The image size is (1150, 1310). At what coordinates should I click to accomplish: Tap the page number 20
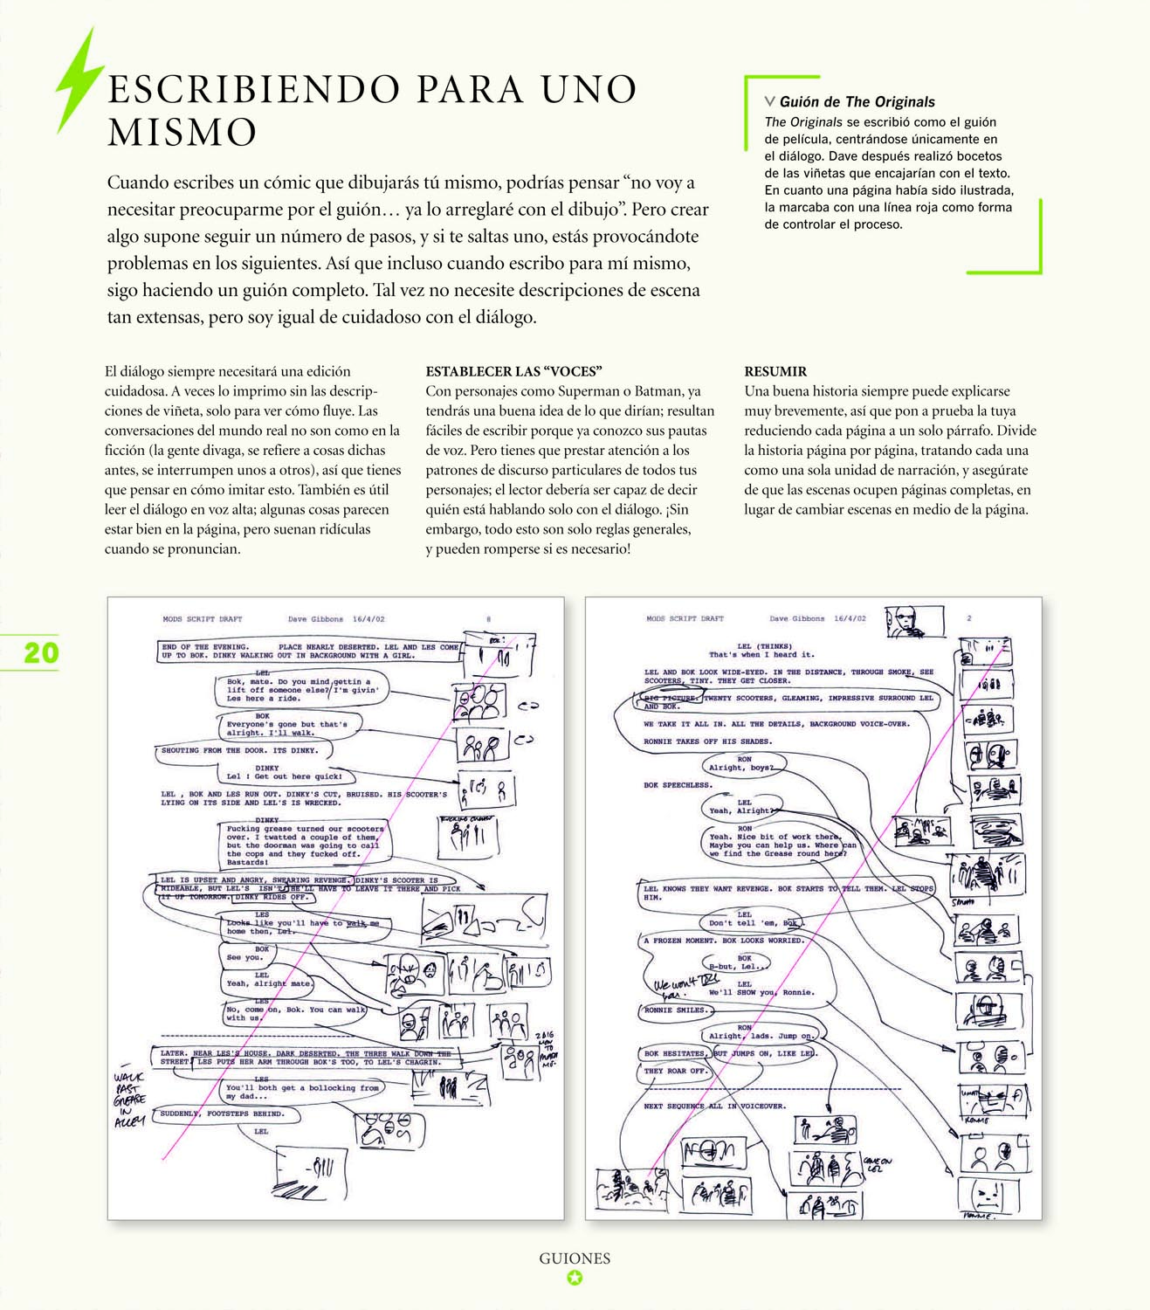pos(40,653)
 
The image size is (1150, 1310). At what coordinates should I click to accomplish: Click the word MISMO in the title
pos(182,133)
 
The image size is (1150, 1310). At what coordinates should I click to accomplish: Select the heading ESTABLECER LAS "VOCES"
pos(514,371)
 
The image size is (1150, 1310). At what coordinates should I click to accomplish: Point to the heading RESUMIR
pos(775,371)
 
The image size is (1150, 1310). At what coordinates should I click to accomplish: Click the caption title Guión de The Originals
pos(857,102)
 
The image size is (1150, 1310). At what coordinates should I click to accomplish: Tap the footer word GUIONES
pos(575,1258)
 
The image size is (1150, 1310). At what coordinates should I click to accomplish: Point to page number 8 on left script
pos(488,619)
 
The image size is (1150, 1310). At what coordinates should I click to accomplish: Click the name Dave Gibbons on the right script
pos(797,618)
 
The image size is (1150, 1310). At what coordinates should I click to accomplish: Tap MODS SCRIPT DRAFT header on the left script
pos(202,619)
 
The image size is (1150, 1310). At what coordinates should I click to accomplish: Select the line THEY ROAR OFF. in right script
pos(675,1071)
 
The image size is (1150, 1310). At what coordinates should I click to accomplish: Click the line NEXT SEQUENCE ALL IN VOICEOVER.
pos(714,1106)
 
